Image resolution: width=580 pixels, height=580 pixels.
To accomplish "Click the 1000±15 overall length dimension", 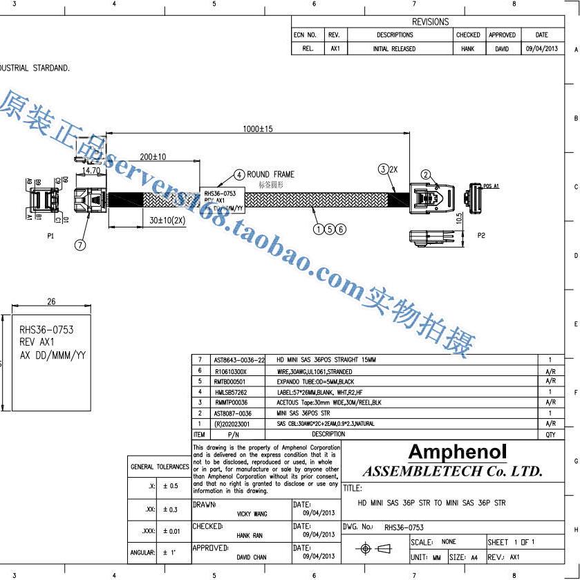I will pyautogui.click(x=257, y=129).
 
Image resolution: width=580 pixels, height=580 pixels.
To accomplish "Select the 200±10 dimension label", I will pyautogui.click(x=152, y=157).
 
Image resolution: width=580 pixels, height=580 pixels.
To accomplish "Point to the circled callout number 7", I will pyautogui.click(x=80, y=245).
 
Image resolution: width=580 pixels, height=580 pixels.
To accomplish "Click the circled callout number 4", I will pyautogui.click(x=238, y=175).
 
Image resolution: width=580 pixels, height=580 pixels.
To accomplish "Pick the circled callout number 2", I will pyautogui.click(x=426, y=175).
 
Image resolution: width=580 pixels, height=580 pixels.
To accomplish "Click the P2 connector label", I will pyautogui.click(x=481, y=235).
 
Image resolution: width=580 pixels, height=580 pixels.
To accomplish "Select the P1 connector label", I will pyautogui.click(x=50, y=236).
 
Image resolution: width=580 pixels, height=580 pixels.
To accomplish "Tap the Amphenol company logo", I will pyautogui.click(x=457, y=453).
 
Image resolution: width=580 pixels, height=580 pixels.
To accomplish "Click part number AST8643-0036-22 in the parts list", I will pyautogui.click(x=239, y=360).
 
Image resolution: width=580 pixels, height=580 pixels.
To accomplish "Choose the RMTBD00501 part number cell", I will pyautogui.click(x=230, y=381).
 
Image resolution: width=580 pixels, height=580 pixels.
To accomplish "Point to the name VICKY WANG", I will pyautogui.click(x=252, y=514).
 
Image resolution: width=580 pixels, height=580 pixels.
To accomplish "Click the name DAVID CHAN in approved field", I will pyautogui.click(x=252, y=556).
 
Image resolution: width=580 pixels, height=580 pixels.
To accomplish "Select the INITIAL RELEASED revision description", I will pyautogui.click(x=394, y=49).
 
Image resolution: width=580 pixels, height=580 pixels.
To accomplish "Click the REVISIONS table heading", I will pyautogui.click(x=430, y=21).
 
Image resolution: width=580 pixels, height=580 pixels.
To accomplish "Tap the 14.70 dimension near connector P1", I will pyautogui.click(x=91, y=170).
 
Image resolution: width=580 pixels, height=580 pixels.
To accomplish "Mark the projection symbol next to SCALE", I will pyautogui.click(x=373, y=549).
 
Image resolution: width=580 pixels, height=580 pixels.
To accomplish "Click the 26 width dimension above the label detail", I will pyautogui.click(x=50, y=301).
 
